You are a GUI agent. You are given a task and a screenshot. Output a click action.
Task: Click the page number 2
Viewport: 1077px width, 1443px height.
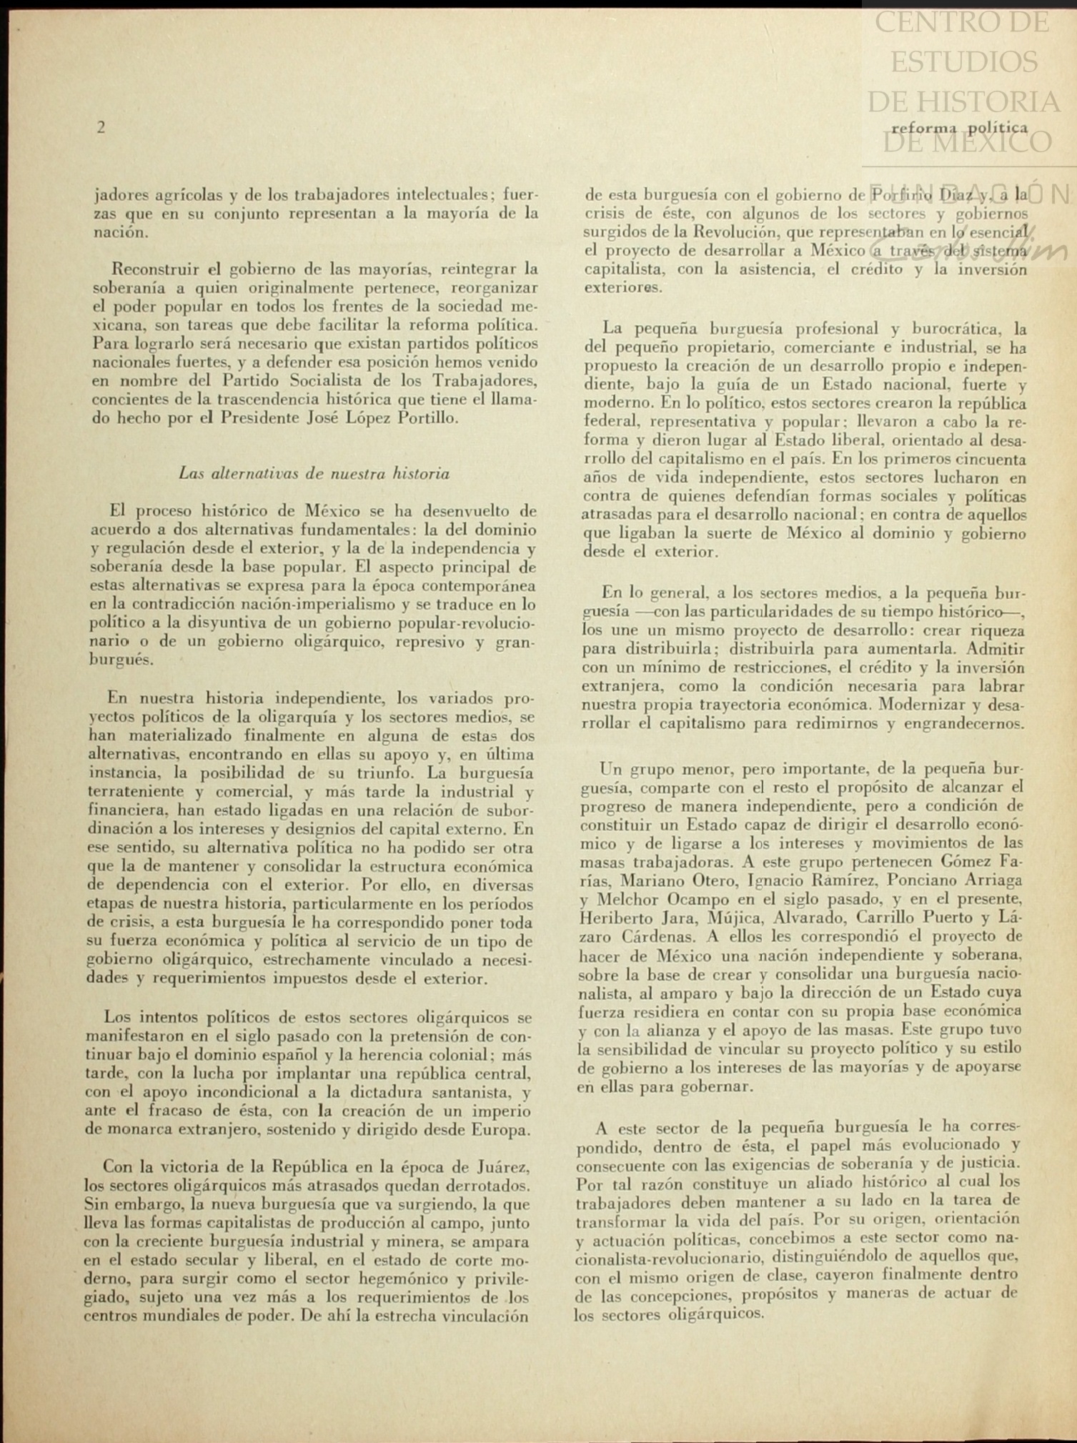click(x=101, y=128)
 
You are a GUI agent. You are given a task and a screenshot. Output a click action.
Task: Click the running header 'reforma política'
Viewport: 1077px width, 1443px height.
click(x=959, y=129)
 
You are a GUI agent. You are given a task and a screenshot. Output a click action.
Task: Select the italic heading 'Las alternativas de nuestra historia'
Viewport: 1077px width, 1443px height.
click(x=314, y=474)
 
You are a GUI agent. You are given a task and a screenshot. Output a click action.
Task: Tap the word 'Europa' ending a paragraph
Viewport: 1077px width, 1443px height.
click(x=500, y=1130)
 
